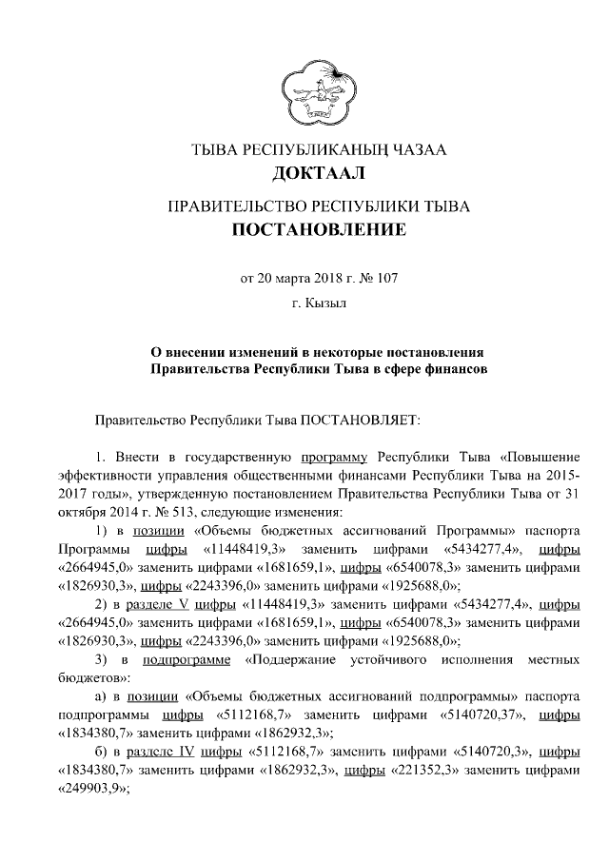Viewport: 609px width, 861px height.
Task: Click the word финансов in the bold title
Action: [x=449, y=366]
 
